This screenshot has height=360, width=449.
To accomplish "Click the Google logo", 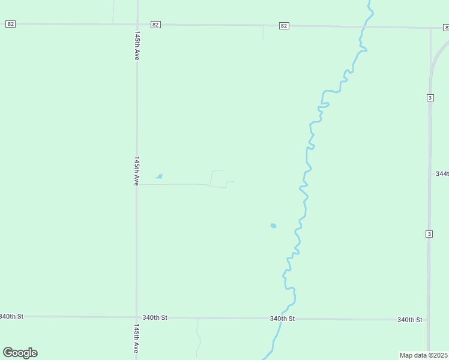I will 20,353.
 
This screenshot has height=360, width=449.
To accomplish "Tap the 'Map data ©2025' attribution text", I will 423,355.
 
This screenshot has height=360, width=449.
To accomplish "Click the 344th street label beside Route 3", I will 442,173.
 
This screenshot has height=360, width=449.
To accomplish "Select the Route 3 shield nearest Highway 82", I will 430,98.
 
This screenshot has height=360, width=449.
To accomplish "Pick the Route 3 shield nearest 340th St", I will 429,233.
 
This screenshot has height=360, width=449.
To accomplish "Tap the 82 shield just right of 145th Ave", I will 155,25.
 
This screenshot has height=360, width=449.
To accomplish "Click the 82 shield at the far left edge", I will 10,24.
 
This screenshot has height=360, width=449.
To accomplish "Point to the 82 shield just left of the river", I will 284,26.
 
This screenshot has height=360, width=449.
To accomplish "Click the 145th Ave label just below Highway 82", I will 137,46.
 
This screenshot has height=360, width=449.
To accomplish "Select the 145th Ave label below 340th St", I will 137,339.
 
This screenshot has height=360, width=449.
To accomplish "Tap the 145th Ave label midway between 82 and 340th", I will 137,170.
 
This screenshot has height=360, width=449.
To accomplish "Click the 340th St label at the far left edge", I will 11,316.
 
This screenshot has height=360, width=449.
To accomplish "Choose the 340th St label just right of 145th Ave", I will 155,317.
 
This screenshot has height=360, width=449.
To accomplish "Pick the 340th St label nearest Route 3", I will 410,320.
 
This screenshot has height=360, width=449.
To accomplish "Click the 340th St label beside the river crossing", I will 282,318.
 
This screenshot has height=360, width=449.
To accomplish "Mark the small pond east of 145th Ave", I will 159,176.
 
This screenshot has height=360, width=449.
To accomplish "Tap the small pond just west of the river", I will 273,226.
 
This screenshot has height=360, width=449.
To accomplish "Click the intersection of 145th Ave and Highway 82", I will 137,25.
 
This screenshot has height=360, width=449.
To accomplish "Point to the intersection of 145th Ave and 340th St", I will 137,317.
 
